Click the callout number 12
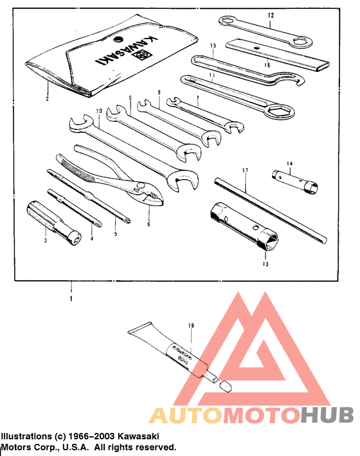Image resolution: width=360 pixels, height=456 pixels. [x=271, y=15]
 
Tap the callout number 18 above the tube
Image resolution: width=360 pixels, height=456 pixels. [x=190, y=326]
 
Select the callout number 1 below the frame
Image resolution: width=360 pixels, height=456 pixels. [x=71, y=299]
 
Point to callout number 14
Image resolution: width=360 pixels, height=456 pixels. [x=290, y=164]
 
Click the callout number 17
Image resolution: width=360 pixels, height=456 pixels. [x=245, y=171]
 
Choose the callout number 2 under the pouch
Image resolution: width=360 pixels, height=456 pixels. [x=47, y=100]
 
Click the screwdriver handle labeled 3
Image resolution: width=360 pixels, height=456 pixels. [x=40, y=214]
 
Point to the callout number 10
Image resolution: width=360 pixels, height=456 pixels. [x=99, y=111]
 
